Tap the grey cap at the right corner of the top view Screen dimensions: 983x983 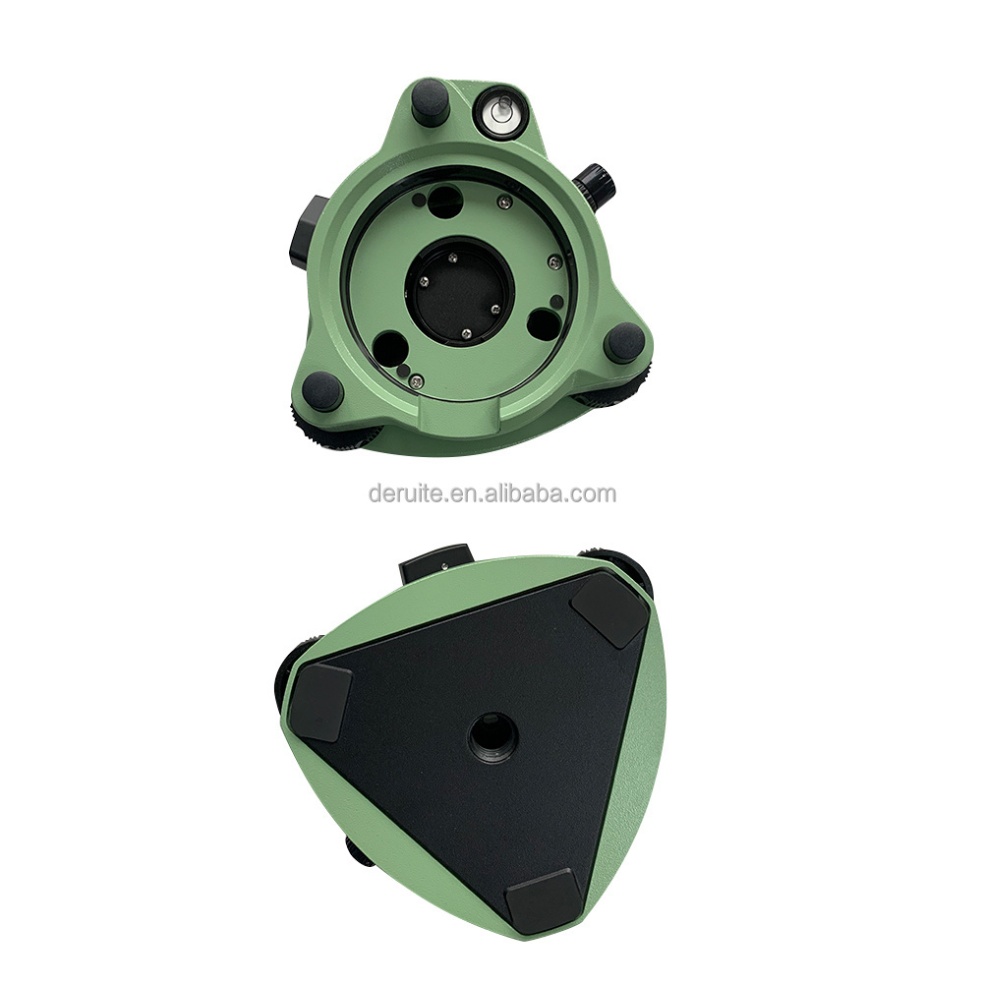624,342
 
